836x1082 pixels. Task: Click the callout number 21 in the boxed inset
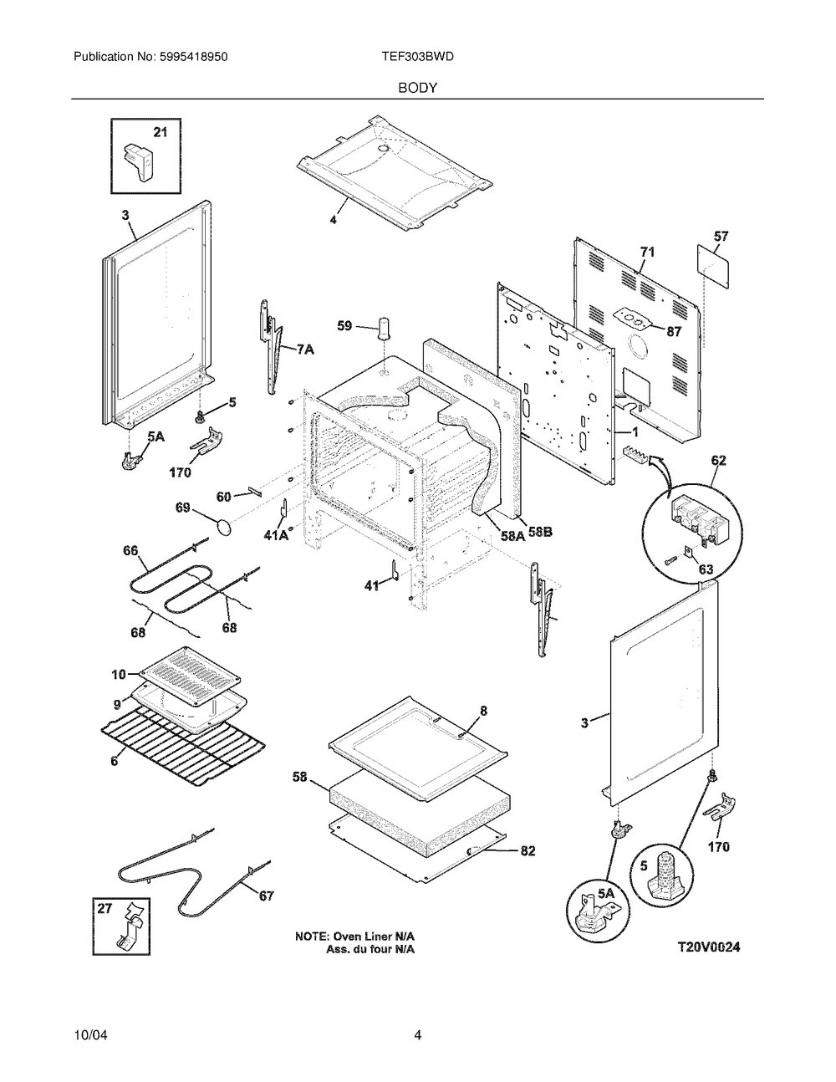click(160, 132)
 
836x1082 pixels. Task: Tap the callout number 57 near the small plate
click(721, 237)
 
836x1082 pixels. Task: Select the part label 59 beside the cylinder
click(344, 327)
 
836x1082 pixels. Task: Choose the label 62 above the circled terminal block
click(718, 460)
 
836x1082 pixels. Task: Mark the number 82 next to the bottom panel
click(528, 851)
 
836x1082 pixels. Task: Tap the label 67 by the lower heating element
click(266, 896)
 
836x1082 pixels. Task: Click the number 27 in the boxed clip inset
click(105, 913)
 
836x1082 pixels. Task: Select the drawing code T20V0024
click(709, 947)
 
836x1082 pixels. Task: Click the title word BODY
click(418, 87)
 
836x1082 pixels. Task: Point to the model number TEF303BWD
click(417, 57)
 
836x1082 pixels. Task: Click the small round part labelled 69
click(223, 527)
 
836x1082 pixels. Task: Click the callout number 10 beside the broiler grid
click(118, 674)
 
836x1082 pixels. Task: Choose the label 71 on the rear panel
click(647, 252)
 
